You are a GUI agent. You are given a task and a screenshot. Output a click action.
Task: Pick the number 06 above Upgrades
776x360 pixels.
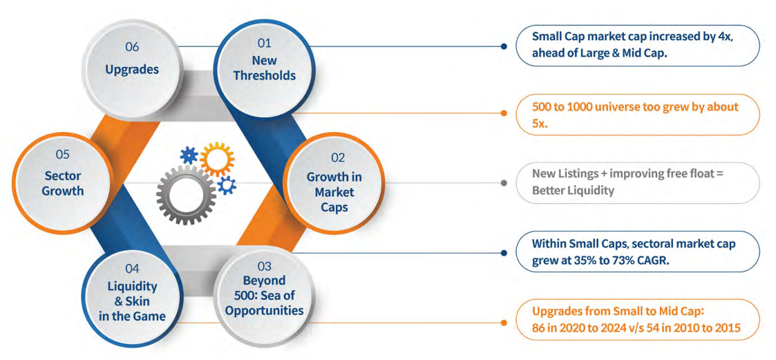(132, 47)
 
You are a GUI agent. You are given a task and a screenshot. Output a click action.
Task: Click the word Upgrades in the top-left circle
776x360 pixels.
(132, 69)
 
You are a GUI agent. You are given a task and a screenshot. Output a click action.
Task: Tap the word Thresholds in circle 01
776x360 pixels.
(264, 75)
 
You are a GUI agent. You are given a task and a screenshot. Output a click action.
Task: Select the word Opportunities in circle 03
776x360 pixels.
(264, 310)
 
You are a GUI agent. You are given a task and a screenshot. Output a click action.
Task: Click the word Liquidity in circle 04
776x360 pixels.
(132, 286)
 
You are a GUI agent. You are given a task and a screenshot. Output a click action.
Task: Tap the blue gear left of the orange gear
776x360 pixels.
(188, 155)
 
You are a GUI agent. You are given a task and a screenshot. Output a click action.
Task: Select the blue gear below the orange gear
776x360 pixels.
(227, 184)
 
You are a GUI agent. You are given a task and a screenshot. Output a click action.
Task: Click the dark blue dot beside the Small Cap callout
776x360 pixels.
(504, 46)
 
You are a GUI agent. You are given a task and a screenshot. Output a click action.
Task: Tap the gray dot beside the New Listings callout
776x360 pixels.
(504, 183)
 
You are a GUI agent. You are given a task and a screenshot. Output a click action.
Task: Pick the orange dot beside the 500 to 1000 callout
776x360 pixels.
(504, 114)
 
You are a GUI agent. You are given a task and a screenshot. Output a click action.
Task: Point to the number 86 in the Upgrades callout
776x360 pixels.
(539, 328)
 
